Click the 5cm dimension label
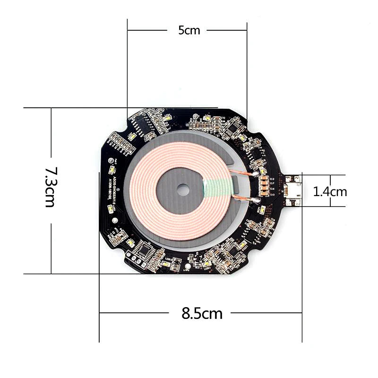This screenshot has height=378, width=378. [189, 31]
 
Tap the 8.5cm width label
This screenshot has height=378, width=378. [202, 313]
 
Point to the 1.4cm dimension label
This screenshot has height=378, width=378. [330, 191]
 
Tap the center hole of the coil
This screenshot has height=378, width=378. [182, 191]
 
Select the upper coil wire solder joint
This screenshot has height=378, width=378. [255, 174]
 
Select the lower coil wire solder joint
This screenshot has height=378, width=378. [256, 201]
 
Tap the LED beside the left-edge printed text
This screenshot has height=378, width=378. [113, 171]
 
